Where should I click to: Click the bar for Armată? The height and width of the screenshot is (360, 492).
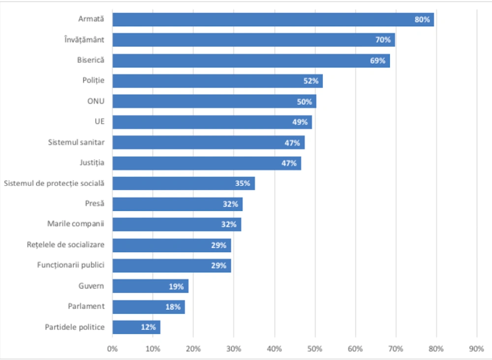[x=273, y=20]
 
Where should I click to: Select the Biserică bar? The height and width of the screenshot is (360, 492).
[x=251, y=61]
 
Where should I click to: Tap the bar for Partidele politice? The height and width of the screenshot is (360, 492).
[x=136, y=327]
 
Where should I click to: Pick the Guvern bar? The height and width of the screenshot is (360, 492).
[x=150, y=286]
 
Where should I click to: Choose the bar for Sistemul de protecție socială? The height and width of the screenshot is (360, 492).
[x=184, y=183]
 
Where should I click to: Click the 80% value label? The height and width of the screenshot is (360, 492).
[x=422, y=20]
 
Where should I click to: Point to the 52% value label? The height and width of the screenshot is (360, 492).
[x=311, y=81]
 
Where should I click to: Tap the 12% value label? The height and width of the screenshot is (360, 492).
[x=149, y=327]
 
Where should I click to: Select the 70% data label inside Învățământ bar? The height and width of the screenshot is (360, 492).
[x=383, y=40]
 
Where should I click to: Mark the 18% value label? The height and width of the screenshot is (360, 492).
[x=173, y=306]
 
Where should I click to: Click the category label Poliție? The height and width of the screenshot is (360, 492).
[x=93, y=80]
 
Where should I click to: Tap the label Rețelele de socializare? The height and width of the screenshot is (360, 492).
[x=65, y=244]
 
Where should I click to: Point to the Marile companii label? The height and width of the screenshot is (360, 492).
[x=76, y=224]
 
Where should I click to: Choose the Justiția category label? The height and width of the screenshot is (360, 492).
[x=92, y=162]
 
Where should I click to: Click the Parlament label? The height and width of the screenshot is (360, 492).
[x=86, y=306]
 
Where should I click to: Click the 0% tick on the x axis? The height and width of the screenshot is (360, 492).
[x=112, y=349]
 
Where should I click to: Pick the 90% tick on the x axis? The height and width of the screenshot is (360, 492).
[x=477, y=349]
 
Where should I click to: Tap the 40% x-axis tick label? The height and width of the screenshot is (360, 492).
[x=274, y=349]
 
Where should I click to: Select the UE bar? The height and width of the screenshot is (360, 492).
[x=212, y=122]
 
